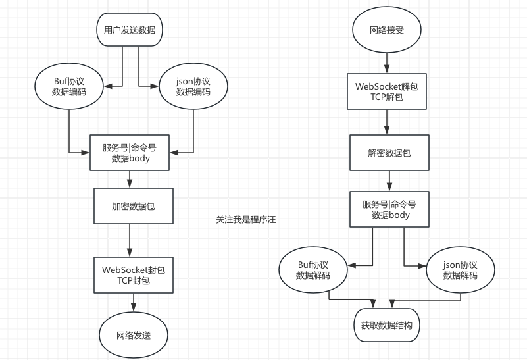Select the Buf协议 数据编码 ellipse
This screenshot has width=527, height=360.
[x=69, y=86]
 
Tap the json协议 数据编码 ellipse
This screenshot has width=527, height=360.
[x=193, y=86]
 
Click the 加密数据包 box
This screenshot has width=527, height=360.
[x=133, y=206]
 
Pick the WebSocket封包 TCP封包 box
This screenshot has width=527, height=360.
[x=134, y=274]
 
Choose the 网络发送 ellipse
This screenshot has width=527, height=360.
[x=134, y=335]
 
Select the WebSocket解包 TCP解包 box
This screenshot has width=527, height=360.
[x=388, y=91]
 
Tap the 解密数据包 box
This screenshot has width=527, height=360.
[x=389, y=152]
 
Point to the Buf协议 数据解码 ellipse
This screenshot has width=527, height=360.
[x=313, y=270]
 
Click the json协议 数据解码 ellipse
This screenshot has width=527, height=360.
[x=460, y=270]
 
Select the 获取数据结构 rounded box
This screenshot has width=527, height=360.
[x=386, y=325]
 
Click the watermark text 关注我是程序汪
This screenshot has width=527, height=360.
[x=245, y=220]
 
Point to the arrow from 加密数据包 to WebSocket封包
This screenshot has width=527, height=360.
[x=130, y=240]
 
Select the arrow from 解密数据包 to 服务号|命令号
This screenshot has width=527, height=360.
[x=390, y=180]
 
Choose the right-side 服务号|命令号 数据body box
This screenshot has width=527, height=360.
[x=389, y=209]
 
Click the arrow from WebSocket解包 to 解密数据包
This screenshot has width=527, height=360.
[x=388, y=122]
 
